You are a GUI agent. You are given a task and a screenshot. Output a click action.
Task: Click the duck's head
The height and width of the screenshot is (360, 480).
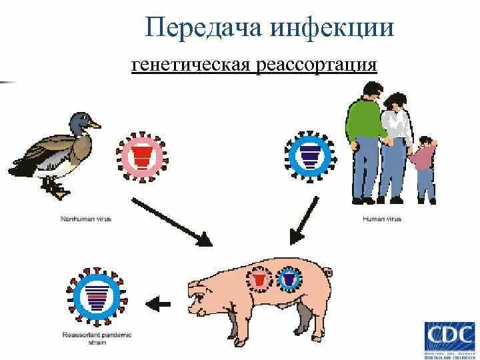83,121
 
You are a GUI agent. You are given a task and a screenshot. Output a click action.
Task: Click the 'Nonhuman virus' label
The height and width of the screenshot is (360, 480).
73,217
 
